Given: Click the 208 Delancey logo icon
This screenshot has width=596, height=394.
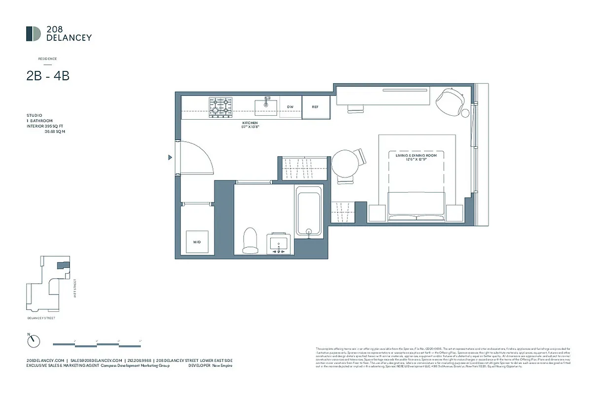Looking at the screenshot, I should (x=34, y=33).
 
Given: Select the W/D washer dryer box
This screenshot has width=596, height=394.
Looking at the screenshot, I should (x=197, y=242).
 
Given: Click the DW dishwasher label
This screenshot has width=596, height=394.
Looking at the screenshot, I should (x=290, y=107).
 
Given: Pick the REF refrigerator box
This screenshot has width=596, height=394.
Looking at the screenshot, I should (x=316, y=107).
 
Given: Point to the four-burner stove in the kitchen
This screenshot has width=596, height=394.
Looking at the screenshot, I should (x=220, y=107).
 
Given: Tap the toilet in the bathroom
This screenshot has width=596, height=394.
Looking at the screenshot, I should (x=251, y=240).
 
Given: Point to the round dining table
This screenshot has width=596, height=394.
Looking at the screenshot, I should (x=346, y=165).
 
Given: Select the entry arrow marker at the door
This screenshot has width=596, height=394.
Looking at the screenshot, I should (x=170, y=158).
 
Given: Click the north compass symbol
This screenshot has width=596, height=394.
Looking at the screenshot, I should (x=33, y=340).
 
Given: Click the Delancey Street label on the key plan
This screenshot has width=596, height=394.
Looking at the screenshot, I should (x=41, y=318).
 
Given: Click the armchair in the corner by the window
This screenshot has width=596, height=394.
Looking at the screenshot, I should (x=453, y=101).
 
